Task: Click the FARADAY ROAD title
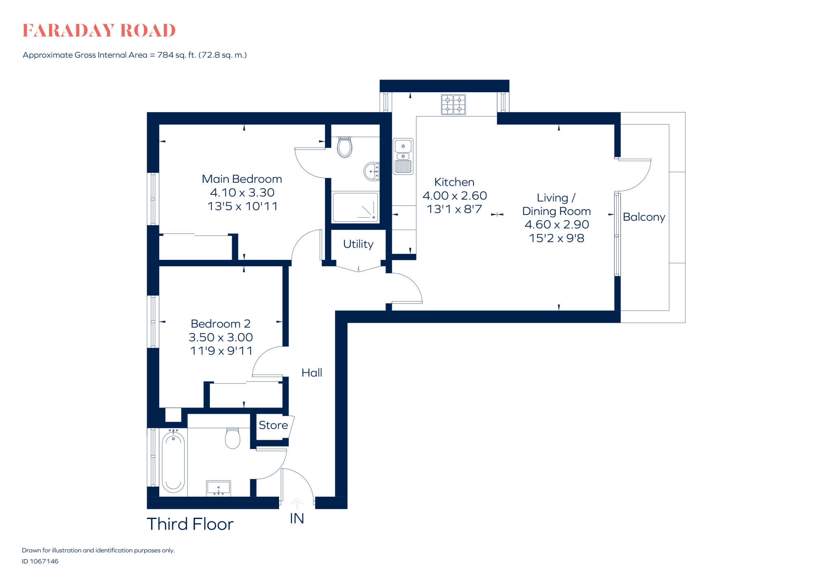tap(99, 31)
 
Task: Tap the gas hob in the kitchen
tap(453, 104)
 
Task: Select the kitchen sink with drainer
tap(403, 156)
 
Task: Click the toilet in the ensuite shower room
tap(344, 147)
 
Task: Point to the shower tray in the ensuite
tap(355, 207)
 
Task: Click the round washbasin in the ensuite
tap(371, 171)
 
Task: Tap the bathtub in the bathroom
tap(173, 462)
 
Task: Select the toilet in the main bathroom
tap(232, 438)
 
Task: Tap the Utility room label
tap(358, 244)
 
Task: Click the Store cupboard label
tap(273, 425)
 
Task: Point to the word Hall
tap(312, 373)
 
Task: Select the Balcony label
tap(644, 217)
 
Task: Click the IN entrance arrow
tap(297, 504)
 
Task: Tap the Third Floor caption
tap(190, 524)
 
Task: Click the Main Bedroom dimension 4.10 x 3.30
tap(242, 192)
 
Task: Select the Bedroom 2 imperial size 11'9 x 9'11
tap(221, 351)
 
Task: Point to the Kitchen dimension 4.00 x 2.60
tap(455, 196)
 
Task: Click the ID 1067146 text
tap(40, 561)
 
